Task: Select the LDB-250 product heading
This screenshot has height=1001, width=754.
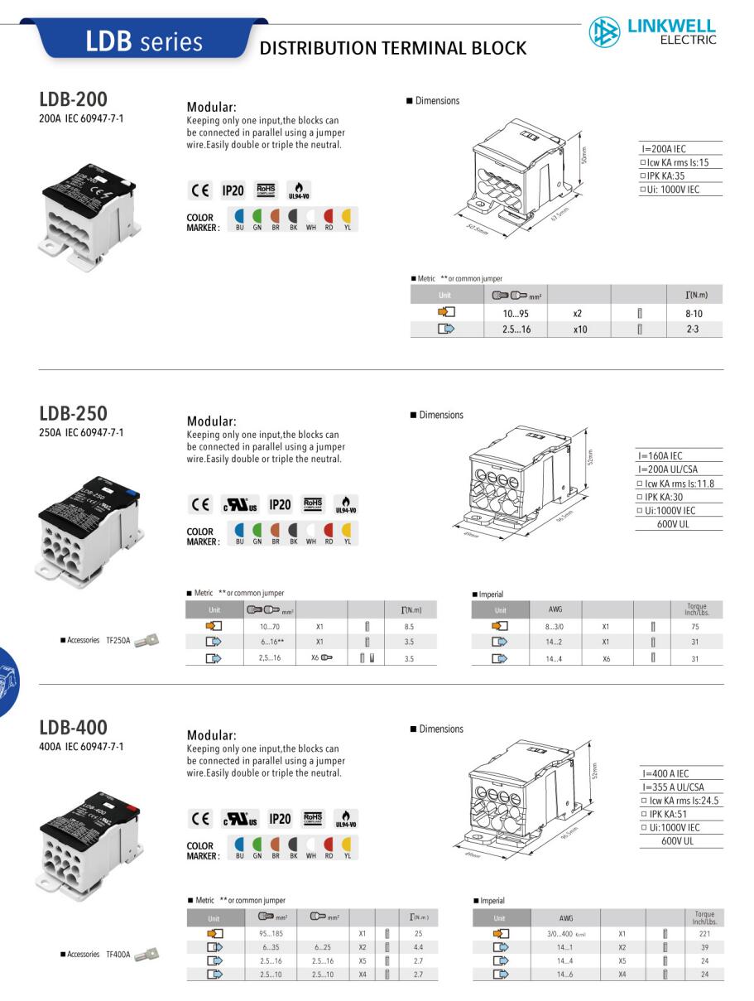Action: coord(73,413)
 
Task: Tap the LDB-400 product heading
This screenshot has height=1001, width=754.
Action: coord(73,728)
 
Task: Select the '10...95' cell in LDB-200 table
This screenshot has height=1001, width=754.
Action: coord(516,314)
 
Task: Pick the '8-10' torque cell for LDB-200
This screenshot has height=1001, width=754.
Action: coord(693,314)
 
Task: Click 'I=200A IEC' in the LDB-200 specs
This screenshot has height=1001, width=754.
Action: coord(663,149)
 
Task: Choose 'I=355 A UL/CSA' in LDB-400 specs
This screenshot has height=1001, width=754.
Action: coord(672,787)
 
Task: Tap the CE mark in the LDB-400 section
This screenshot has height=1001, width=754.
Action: coord(199,819)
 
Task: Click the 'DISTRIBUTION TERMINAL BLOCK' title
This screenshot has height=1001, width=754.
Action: coord(393,49)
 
